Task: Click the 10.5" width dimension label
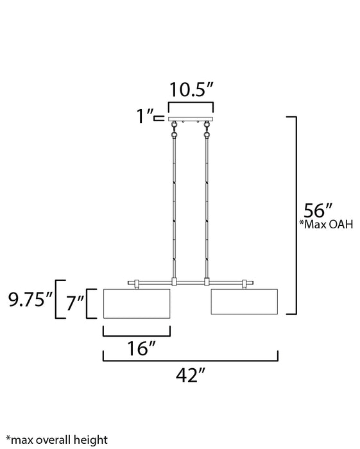click(191, 89)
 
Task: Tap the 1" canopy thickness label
click(146, 116)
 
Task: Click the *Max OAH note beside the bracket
click(326, 225)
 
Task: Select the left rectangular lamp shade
click(137, 303)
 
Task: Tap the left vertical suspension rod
click(175, 205)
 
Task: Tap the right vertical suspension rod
click(207, 205)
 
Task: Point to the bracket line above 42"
click(191, 359)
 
